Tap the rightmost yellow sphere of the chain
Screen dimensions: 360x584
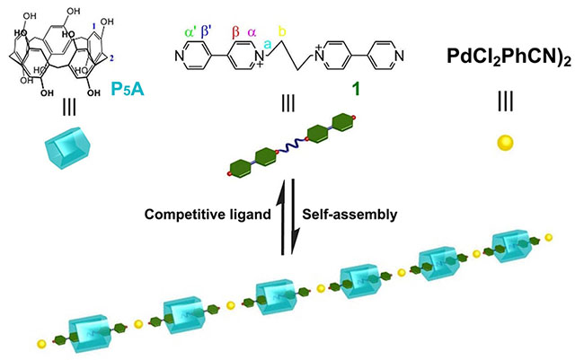click(x=548, y=238)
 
